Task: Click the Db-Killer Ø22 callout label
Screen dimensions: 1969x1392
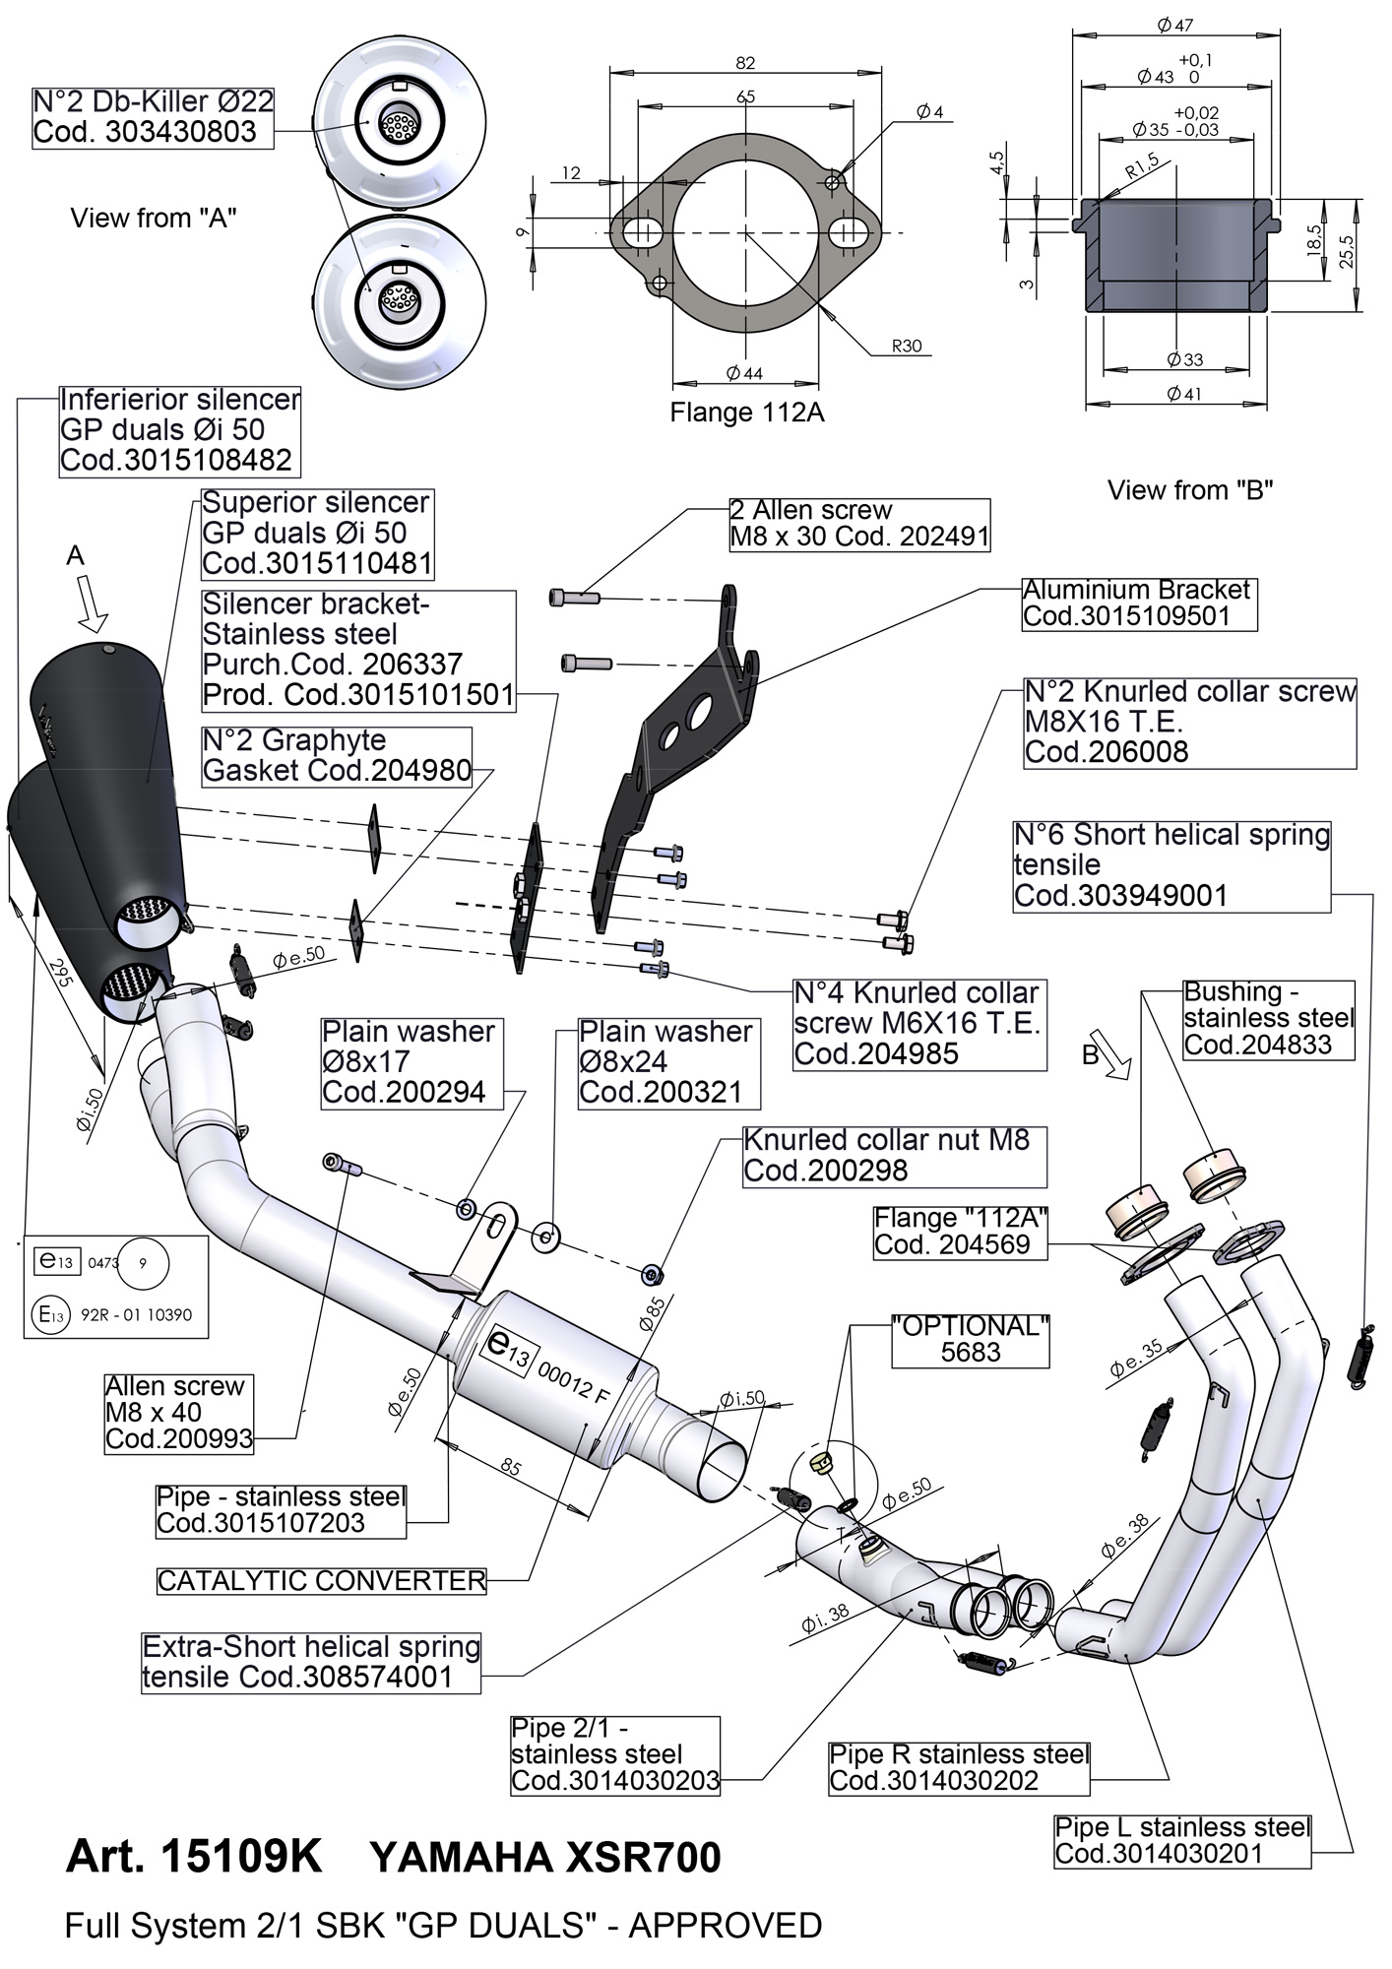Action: point(154,117)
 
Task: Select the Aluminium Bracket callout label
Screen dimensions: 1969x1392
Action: point(1139,603)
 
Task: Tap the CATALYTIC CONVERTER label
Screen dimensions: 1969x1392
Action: point(322,1581)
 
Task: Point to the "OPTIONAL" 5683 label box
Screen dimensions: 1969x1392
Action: point(970,1339)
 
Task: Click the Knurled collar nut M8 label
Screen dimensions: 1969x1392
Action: point(894,1156)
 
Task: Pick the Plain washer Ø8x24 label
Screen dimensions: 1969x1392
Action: point(667,1061)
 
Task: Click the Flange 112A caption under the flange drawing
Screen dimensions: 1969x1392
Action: point(746,413)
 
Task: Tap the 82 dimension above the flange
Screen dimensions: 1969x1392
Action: point(745,63)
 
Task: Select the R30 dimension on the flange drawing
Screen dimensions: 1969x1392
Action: point(906,346)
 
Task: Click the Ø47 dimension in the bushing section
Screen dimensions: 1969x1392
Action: point(1175,25)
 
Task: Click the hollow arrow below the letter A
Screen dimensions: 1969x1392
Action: point(93,603)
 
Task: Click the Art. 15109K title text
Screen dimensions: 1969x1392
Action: point(194,1857)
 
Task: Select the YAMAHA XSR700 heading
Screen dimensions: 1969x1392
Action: point(544,1858)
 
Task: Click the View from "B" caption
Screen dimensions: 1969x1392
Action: point(1190,489)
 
